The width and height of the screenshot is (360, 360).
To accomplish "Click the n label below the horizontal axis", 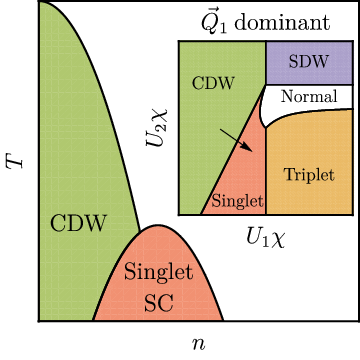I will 199,343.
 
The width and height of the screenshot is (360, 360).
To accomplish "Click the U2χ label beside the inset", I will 157,128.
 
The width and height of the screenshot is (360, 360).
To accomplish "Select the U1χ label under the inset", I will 266,237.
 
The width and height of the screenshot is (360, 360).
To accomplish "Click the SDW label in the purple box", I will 309,62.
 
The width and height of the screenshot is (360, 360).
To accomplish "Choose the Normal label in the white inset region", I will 309,97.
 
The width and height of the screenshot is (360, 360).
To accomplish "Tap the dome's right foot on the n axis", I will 223,321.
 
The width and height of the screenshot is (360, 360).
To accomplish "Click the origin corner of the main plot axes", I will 38,321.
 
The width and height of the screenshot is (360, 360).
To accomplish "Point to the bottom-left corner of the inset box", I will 178,214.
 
